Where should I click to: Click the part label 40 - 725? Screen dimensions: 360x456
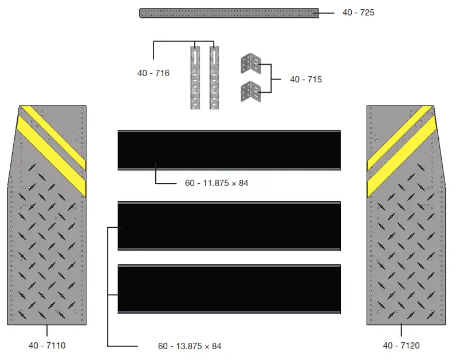click(x=358, y=12)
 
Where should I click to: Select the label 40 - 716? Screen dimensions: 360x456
click(x=154, y=73)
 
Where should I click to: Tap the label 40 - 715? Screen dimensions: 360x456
click(x=305, y=80)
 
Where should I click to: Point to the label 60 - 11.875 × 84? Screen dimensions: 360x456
click(x=217, y=183)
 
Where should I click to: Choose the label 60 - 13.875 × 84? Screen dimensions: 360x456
click(x=190, y=346)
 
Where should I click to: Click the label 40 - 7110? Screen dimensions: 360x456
click(x=47, y=345)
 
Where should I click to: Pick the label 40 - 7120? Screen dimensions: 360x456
click(x=401, y=345)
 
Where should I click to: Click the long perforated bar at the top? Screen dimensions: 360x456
click(x=229, y=13)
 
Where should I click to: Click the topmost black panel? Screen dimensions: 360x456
click(x=229, y=150)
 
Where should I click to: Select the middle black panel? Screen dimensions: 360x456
click(x=229, y=226)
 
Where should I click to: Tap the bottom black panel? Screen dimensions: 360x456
click(x=229, y=288)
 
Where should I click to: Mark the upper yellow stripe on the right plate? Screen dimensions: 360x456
click(x=401, y=134)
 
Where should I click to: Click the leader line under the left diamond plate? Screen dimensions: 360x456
click(x=47, y=331)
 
